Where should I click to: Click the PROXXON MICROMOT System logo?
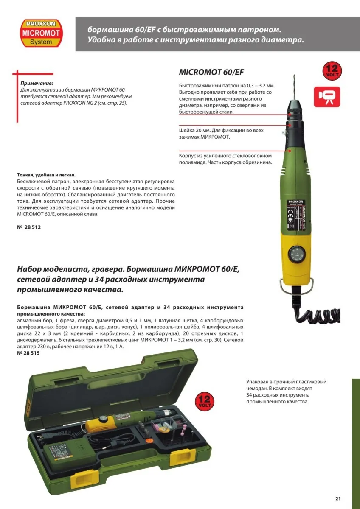coord(41,32)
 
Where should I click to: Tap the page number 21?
coord(338,498)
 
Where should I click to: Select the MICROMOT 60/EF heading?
coord(211,72)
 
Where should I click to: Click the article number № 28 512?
coord(29,227)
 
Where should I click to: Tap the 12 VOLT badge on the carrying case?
coord(205,401)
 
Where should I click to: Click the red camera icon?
coord(327,96)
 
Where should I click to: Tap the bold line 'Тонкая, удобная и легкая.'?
coord(46,175)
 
